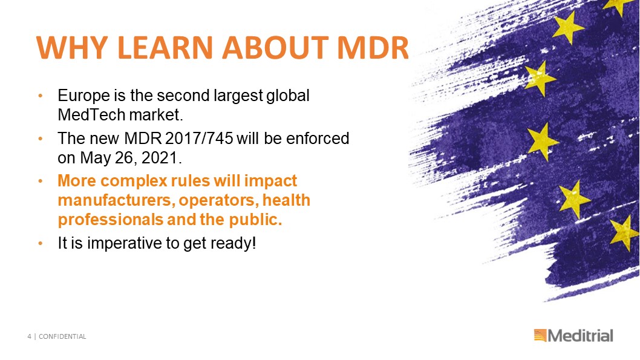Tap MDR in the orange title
tap(373, 47)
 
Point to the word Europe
tap(83, 96)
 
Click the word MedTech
tap(91, 115)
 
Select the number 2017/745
tap(199, 139)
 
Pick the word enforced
tap(318, 139)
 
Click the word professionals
tap(111, 220)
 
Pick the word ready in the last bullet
tap(231, 244)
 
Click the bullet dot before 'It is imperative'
tap(40, 244)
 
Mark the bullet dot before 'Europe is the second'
tap(40, 96)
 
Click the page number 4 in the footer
tap(29, 336)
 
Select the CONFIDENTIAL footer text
tap(62, 336)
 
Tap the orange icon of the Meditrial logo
tap(540, 335)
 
